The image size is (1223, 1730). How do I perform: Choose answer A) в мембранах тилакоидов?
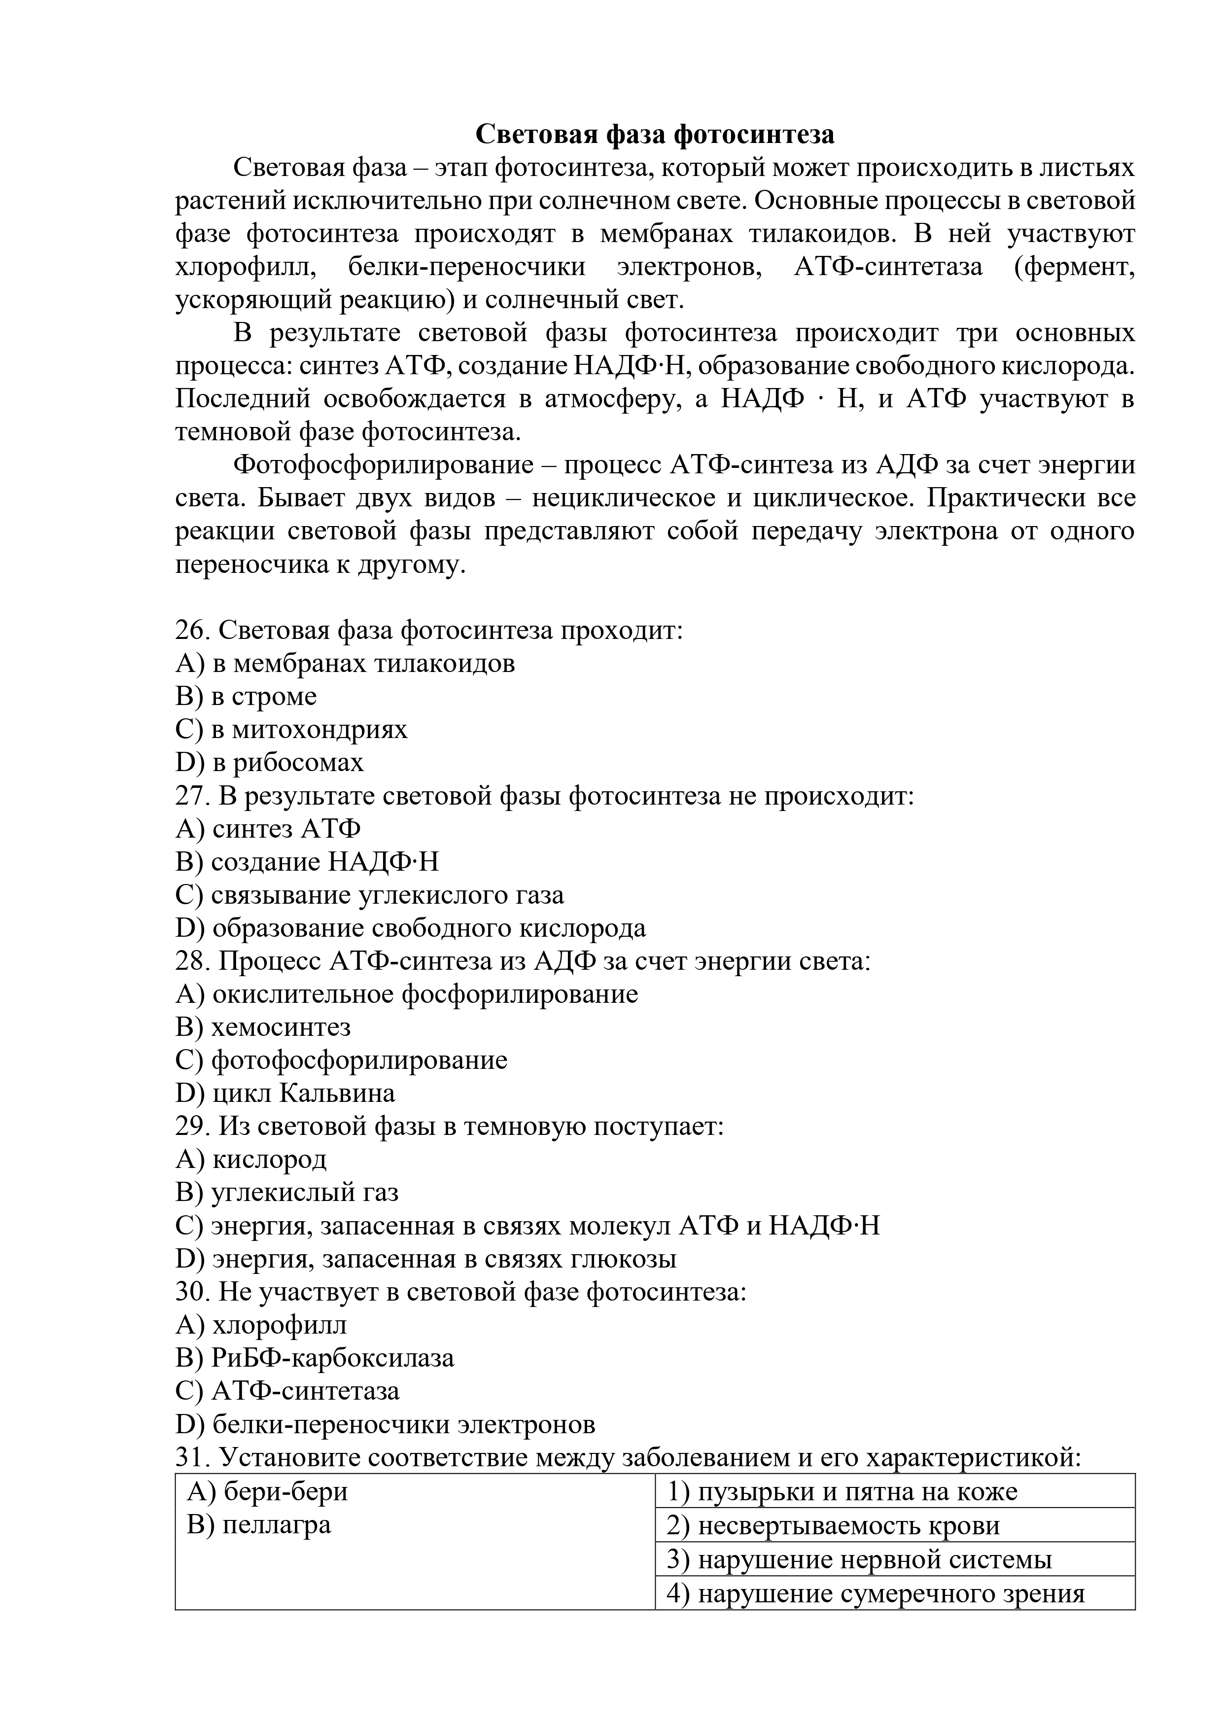(x=345, y=663)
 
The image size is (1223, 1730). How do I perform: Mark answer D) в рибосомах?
(x=269, y=763)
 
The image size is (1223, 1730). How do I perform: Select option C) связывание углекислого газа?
(x=369, y=895)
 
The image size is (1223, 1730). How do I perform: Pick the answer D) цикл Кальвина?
(x=285, y=1094)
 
